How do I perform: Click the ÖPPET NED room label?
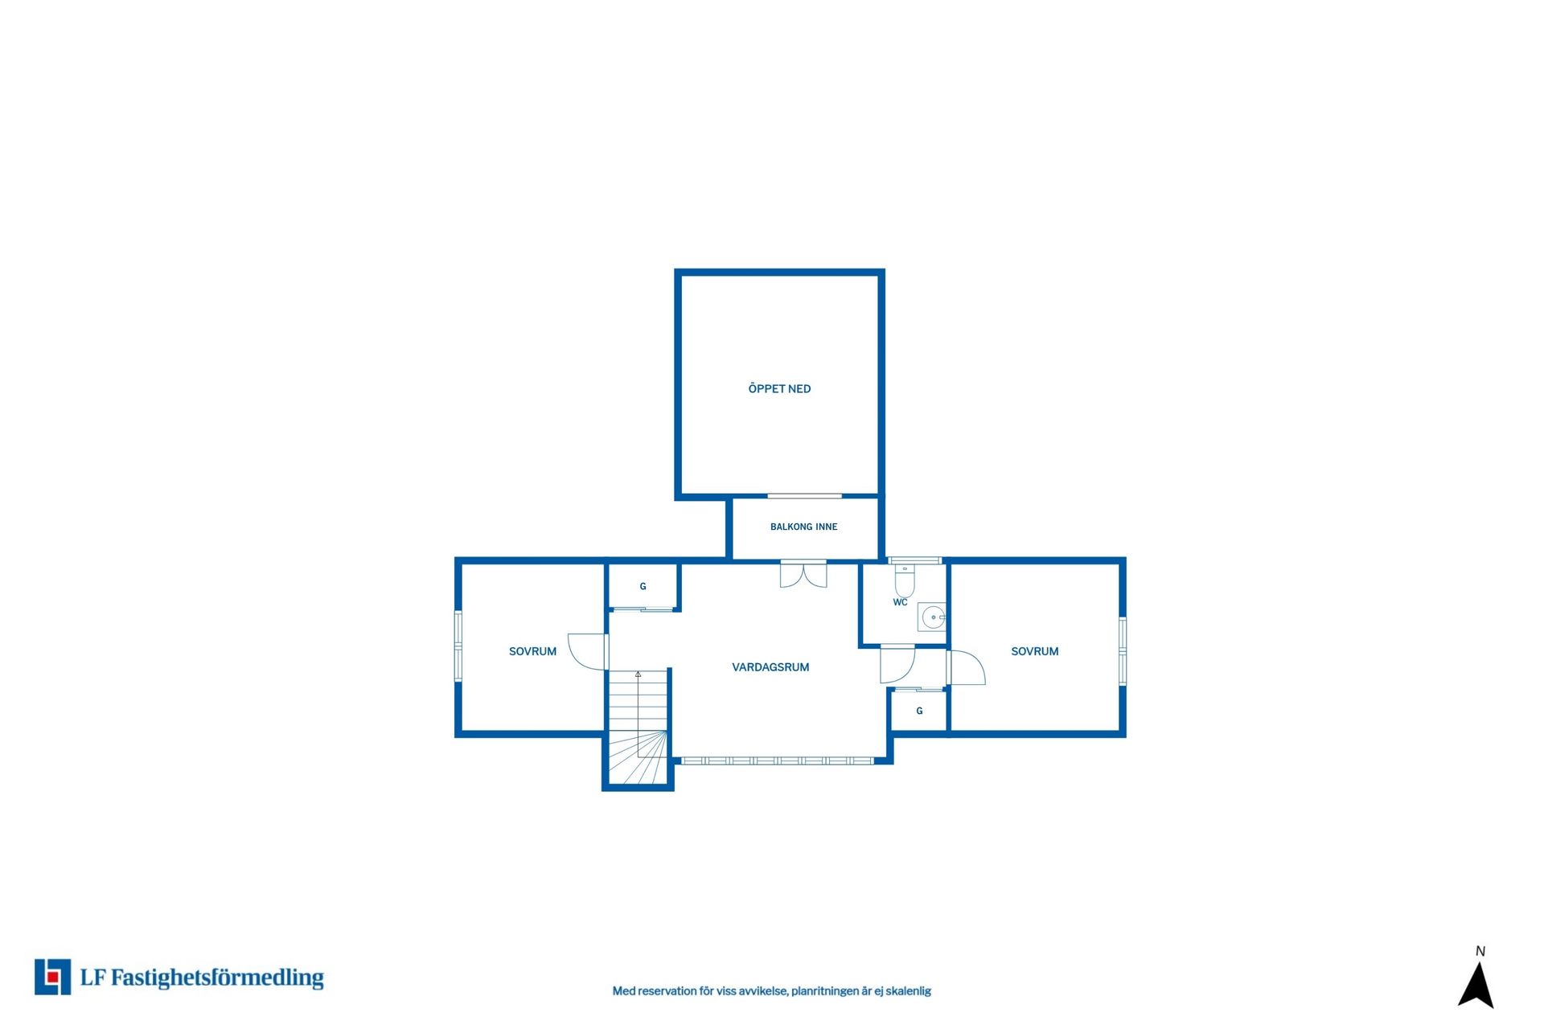click(x=779, y=388)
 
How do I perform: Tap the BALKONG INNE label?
click(x=803, y=527)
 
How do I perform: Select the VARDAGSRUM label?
click(x=770, y=666)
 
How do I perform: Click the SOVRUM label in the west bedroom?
click(x=532, y=651)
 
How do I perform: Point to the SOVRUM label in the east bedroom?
click(x=1034, y=651)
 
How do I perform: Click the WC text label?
click(x=900, y=602)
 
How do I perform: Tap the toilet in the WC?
click(x=905, y=580)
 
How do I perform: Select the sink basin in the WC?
click(x=933, y=617)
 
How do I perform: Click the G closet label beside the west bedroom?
click(x=643, y=586)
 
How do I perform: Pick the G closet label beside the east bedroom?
click(x=919, y=711)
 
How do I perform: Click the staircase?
click(x=638, y=727)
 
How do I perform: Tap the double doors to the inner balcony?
click(x=803, y=574)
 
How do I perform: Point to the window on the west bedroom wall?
click(x=458, y=646)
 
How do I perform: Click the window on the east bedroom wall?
click(x=1123, y=651)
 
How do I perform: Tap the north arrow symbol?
click(x=1476, y=984)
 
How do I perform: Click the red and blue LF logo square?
click(x=52, y=977)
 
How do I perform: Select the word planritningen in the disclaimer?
click(x=825, y=991)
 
